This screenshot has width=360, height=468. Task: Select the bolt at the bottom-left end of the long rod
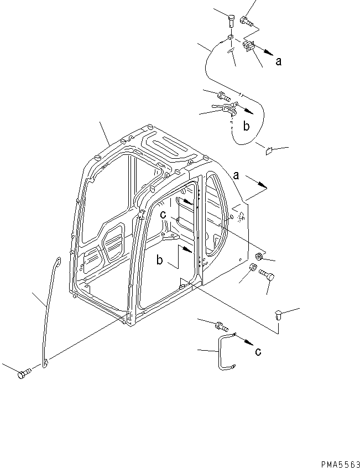tap(23, 375)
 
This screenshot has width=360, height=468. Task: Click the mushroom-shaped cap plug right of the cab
tap(278, 315)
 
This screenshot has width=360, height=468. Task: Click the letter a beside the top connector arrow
tap(278, 61)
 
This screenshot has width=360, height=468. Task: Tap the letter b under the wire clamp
tap(246, 127)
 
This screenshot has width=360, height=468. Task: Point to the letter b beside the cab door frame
tap(159, 260)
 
